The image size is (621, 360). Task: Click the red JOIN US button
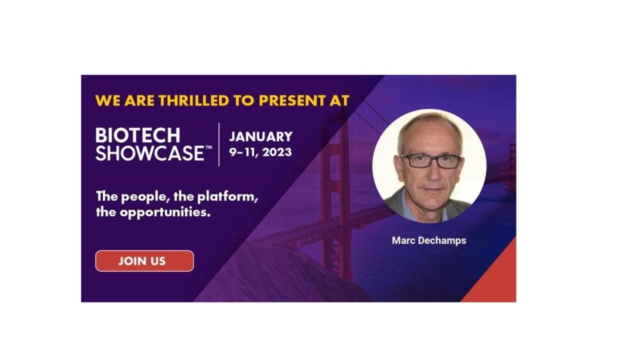pyautogui.click(x=144, y=261)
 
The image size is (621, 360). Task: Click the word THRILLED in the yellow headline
pyautogui.click(x=194, y=101)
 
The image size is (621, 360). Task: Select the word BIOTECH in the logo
pyautogui.click(x=138, y=135)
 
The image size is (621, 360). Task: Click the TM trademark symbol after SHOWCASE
pyautogui.click(x=209, y=148)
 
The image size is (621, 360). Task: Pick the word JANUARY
pyautogui.click(x=261, y=137)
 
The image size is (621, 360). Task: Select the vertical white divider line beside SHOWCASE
pyautogui.click(x=219, y=144)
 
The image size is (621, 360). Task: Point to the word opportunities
pyautogui.click(x=165, y=213)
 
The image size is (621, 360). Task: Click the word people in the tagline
pyautogui.click(x=146, y=197)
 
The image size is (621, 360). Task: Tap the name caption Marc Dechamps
pyautogui.click(x=429, y=240)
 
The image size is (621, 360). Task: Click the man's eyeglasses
pyautogui.click(x=431, y=161)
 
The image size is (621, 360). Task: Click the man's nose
pyautogui.click(x=433, y=173)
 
